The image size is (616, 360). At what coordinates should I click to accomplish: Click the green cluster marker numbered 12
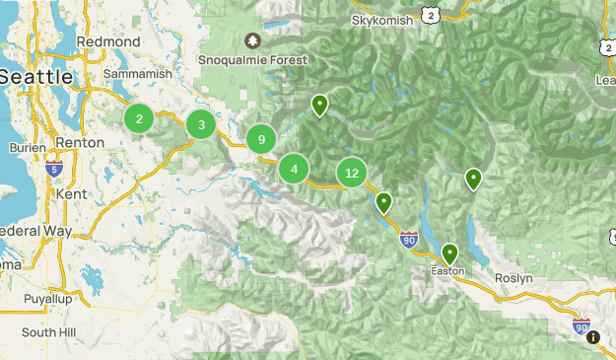click(352, 173)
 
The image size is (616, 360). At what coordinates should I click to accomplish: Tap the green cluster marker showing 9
click(261, 140)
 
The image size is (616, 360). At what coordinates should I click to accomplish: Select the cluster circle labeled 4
click(294, 169)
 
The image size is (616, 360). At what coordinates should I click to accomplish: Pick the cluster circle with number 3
click(201, 124)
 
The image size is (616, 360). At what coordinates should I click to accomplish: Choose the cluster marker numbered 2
click(139, 119)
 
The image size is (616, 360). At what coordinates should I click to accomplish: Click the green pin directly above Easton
click(450, 253)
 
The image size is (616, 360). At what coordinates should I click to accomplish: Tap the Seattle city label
click(35, 76)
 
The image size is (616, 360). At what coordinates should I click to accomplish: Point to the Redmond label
click(135, 41)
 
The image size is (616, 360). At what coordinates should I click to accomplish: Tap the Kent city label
click(72, 194)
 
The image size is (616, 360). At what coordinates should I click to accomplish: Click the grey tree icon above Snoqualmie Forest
click(253, 40)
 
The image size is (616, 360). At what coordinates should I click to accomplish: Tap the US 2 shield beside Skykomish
click(428, 13)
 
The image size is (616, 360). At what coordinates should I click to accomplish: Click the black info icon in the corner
click(592, 337)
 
